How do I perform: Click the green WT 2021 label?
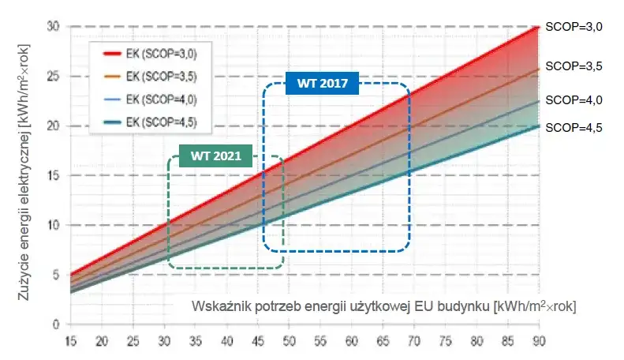210,154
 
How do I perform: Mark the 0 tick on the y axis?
56,324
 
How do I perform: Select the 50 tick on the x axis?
290,340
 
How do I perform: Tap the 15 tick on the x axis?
71,340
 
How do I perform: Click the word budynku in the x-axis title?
463,306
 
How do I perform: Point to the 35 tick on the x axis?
196,340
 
